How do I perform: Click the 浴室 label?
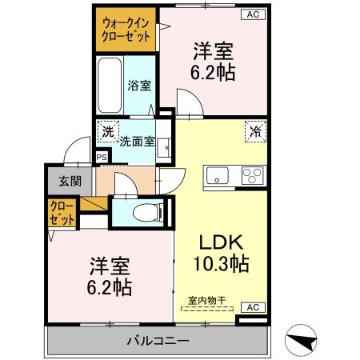[x=138, y=85]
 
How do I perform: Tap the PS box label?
[x=101, y=158]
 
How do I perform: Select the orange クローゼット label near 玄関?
[x=62, y=213]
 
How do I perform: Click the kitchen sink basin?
[x=218, y=175]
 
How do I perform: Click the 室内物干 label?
[x=206, y=300]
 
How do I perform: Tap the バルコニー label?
[x=158, y=342]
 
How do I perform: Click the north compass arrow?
[x=299, y=341]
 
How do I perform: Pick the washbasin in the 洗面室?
[x=165, y=147]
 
